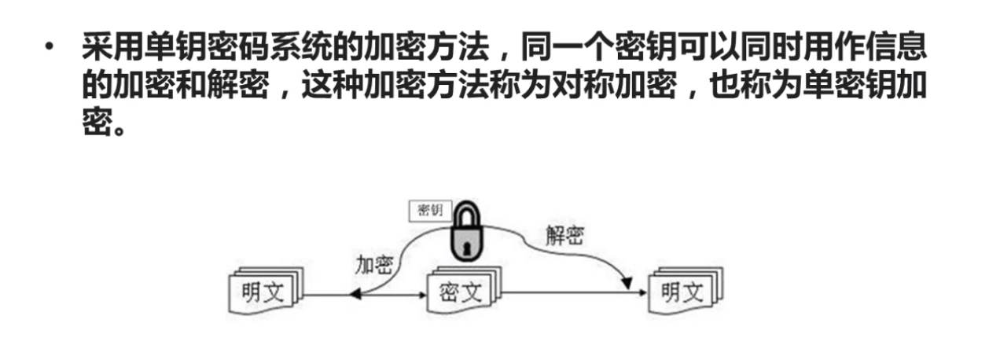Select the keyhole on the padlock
pyautogui.click(x=465, y=247)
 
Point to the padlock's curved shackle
pyautogui.click(x=465, y=214)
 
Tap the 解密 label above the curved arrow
pyautogui.click(x=564, y=235)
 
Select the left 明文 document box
pyautogui.click(x=262, y=293)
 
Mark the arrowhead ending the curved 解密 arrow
pyautogui.click(x=627, y=281)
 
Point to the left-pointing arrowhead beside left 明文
pyautogui.click(x=355, y=294)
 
